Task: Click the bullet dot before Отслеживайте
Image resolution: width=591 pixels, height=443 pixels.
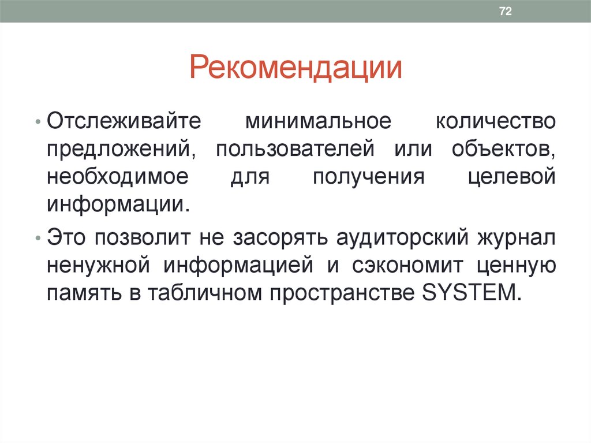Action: pos(38,124)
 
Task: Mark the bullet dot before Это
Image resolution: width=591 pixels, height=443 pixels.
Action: pos(38,239)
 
